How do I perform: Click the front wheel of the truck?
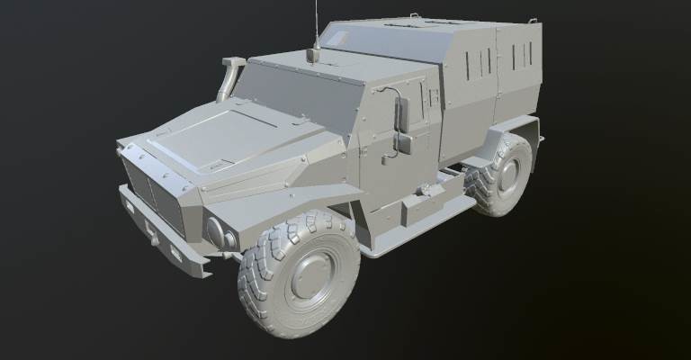(x=299, y=274)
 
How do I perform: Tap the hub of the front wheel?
(x=311, y=273)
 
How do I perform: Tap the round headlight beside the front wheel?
(x=218, y=231)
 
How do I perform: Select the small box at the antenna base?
(x=313, y=55)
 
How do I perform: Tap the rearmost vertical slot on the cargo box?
(x=532, y=56)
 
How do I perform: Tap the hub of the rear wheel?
(x=509, y=175)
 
